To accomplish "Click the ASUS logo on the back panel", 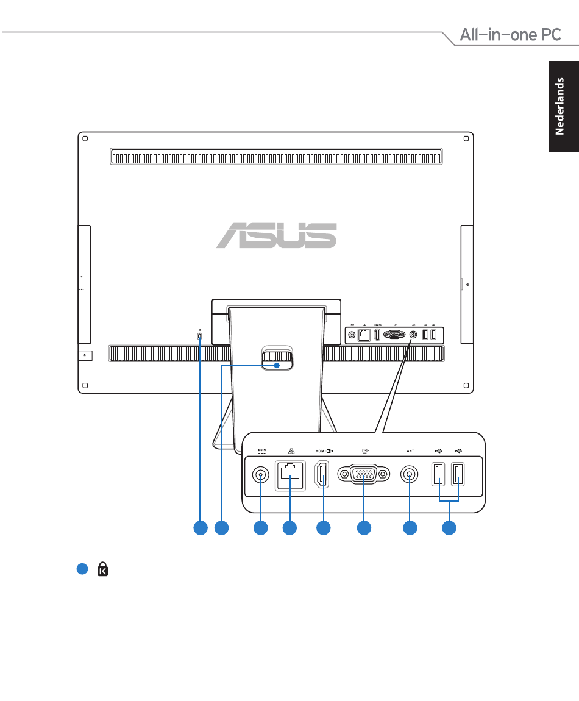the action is pos(276,235).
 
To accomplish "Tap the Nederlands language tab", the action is pos(563,107).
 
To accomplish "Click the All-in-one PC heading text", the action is pos(511,35).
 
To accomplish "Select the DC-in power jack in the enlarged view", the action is pos(261,475).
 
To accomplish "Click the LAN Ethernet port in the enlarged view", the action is pos(290,475).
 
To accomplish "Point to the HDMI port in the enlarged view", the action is pos(322,474).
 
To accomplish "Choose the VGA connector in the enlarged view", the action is pos(363,474).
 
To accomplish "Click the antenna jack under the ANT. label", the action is pos(409,474).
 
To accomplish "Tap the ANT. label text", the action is pos(411,451).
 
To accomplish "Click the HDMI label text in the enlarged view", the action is pos(321,451).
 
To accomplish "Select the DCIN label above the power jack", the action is pos(262,450).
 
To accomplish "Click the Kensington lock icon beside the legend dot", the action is pos(103,569).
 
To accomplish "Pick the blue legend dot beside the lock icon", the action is pos(82,569).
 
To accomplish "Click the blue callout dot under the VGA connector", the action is pos(364,528).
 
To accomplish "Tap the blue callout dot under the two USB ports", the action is pos(449,528).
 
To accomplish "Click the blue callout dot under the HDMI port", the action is pos(323,528).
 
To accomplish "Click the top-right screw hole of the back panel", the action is pos(466,138).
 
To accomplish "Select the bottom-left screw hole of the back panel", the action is pos(85,385).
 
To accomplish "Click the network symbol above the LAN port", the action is pos(291,451).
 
